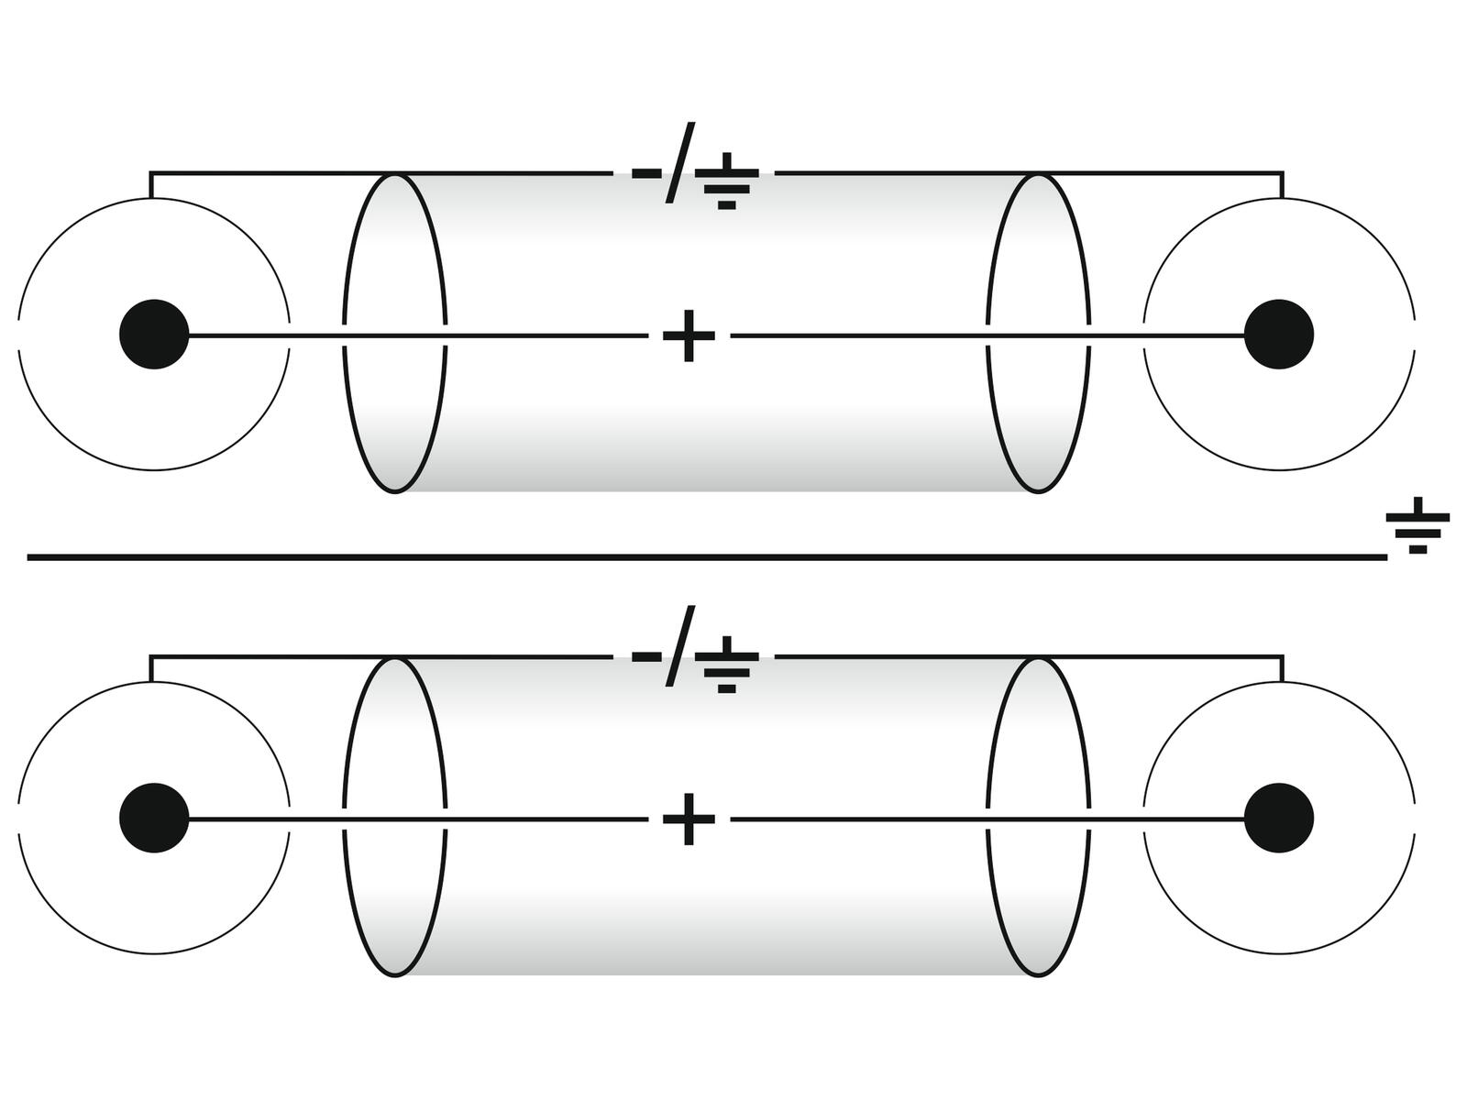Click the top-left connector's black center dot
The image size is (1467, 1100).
[154, 335]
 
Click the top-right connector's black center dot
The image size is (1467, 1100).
[1279, 335]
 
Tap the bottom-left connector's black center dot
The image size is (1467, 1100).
[154, 818]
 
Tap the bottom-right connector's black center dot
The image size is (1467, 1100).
[1279, 818]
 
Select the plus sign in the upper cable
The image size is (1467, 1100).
[689, 335]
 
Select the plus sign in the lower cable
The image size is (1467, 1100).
[689, 819]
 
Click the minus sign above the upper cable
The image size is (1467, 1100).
[646, 172]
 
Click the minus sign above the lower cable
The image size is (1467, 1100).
[646, 656]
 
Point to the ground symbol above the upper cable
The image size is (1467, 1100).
[727, 184]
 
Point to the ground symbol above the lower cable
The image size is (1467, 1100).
[727, 667]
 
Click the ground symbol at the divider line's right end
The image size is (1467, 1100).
[1417, 528]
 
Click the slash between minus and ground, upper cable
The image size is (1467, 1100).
[680, 162]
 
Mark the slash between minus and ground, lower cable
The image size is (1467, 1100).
[680, 645]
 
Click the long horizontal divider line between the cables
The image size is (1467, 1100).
[706, 556]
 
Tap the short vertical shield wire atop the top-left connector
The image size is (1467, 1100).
[151, 184]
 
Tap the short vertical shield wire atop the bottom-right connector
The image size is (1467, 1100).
[1282, 668]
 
